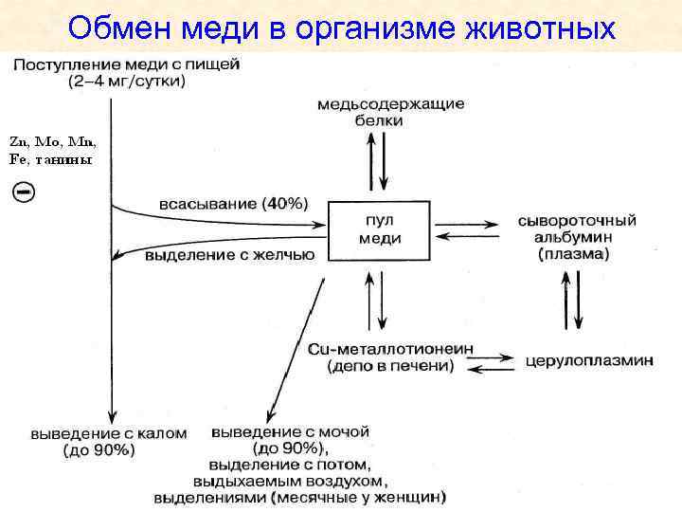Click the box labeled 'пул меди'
point(379,229)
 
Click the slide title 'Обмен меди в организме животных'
point(341,27)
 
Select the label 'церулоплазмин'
point(588,362)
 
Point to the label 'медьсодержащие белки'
point(390,112)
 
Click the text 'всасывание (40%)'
point(233,203)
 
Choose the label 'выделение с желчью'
point(230,254)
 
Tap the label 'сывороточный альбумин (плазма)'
point(577,237)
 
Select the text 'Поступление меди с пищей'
point(127,65)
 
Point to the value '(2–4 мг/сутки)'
point(127,82)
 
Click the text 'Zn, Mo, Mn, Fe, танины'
point(53,150)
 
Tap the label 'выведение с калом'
point(108,432)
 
